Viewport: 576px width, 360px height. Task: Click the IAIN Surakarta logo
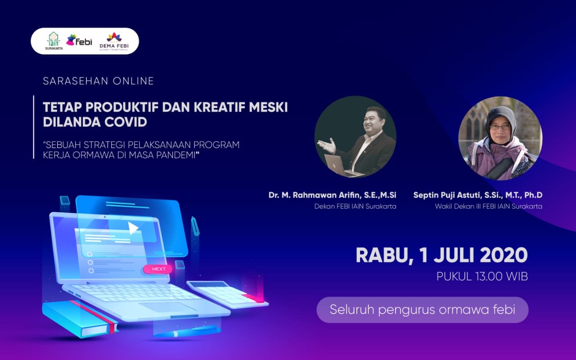54,40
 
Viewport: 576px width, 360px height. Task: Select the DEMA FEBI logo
113,41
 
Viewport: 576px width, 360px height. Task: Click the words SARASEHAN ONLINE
98,81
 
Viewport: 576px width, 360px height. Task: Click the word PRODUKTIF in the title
121,108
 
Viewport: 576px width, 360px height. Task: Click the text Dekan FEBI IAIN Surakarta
355,207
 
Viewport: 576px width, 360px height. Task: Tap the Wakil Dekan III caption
488,207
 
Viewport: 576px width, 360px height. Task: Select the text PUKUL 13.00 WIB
482,276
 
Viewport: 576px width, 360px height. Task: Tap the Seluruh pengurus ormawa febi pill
422,310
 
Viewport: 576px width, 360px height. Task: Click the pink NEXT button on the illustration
158,269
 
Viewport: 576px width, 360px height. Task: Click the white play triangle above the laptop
133,228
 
